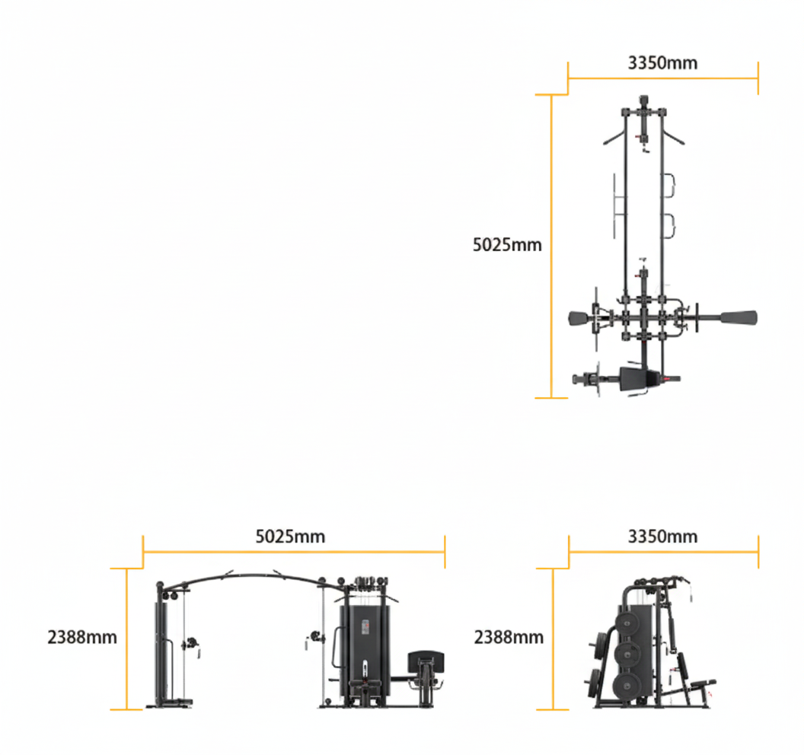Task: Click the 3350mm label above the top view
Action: click(662, 62)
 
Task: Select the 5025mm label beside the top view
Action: click(507, 245)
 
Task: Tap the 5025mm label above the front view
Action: click(290, 537)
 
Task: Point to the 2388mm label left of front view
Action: click(82, 637)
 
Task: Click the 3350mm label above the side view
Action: click(662, 537)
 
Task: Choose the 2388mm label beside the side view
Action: click(509, 637)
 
